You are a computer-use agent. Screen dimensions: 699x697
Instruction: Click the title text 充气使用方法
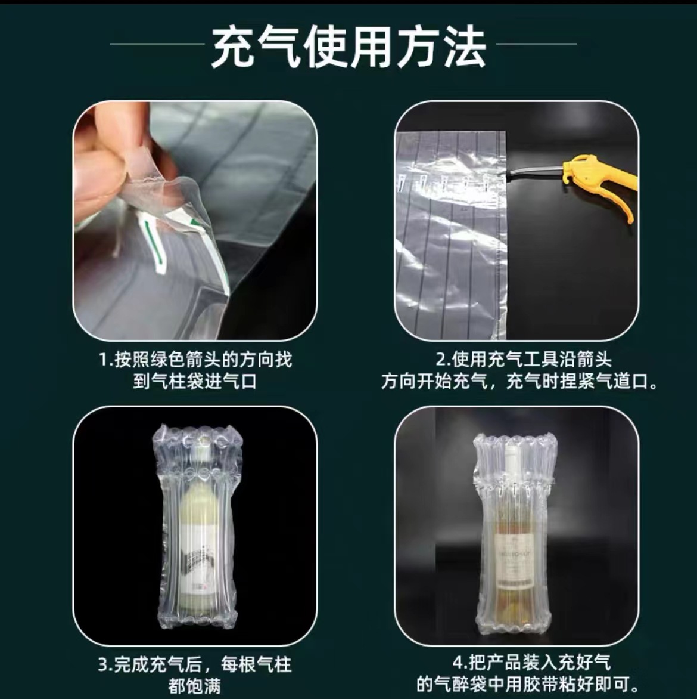(x=348, y=48)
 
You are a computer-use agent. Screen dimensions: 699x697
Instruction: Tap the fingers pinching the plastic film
(x=104, y=161)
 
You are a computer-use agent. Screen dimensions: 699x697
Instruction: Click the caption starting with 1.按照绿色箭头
(x=195, y=360)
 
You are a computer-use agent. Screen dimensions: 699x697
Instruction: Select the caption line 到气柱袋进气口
(x=195, y=381)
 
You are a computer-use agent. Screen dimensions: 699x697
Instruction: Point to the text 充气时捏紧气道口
(x=581, y=381)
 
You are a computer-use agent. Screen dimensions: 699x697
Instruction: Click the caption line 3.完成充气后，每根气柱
(x=195, y=664)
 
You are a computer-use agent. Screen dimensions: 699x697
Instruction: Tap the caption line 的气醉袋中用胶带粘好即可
(x=527, y=684)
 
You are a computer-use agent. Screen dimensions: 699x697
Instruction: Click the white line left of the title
(x=157, y=44)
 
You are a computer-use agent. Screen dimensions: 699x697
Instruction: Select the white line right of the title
(x=536, y=44)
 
